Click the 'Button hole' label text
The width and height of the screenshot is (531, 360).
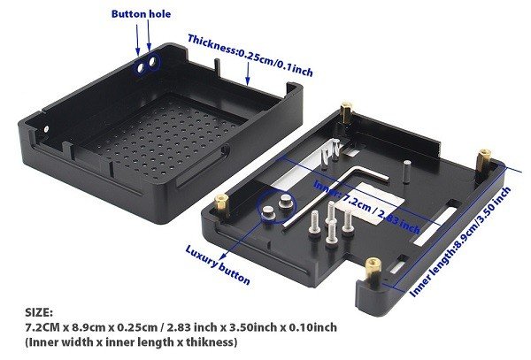pos(141,14)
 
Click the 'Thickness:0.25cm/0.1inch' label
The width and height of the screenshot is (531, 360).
pos(250,56)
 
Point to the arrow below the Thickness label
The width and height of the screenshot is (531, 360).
pos(248,74)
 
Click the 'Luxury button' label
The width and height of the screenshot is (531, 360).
pos(218,265)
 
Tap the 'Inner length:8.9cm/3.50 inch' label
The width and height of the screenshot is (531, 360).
pos(460,242)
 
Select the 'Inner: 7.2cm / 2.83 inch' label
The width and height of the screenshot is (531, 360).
pos(367,207)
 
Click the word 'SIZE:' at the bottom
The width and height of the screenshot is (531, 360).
pos(39,312)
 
